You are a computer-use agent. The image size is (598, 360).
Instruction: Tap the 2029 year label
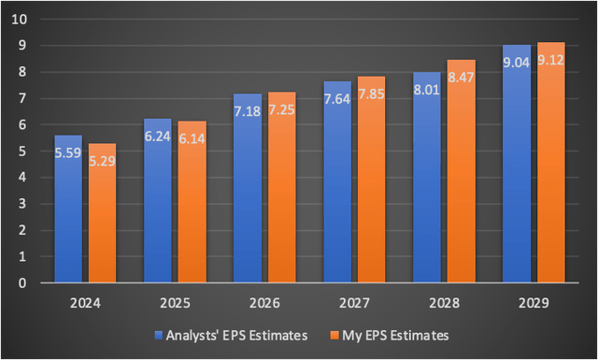click(x=534, y=304)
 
